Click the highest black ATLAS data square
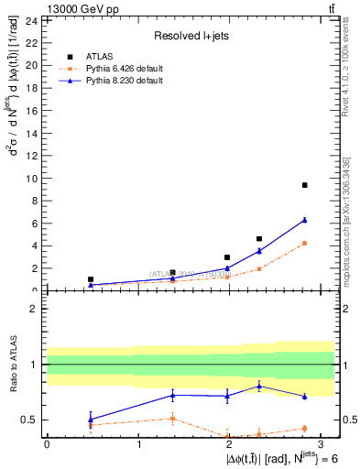[304, 185]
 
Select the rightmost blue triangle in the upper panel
[304, 220]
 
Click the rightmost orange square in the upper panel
[304, 243]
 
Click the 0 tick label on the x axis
[47, 443]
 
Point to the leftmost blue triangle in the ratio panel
[90, 419]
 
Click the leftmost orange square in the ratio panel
[90, 425]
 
